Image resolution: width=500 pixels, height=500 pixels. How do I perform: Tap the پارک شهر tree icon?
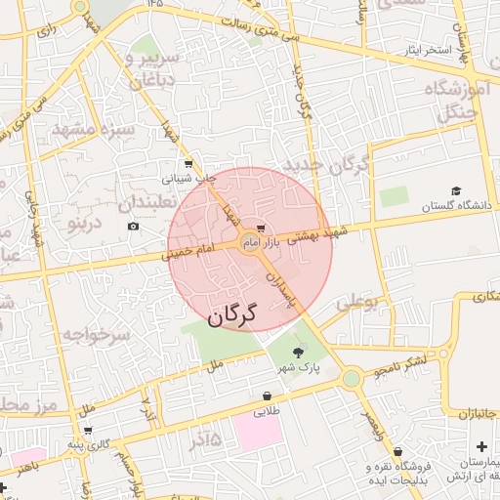point(298,353)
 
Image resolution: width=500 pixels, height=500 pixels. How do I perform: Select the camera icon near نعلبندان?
point(133,227)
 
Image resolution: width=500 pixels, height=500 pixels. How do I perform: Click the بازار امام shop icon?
point(259,229)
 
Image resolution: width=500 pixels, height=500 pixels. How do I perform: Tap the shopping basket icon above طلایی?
point(267,396)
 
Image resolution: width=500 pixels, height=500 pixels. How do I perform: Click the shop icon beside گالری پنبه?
point(89,430)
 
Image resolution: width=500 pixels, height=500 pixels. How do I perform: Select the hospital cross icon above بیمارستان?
point(480,446)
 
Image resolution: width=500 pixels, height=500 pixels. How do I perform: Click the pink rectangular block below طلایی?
point(256,431)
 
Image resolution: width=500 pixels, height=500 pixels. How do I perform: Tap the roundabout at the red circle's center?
point(250,244)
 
